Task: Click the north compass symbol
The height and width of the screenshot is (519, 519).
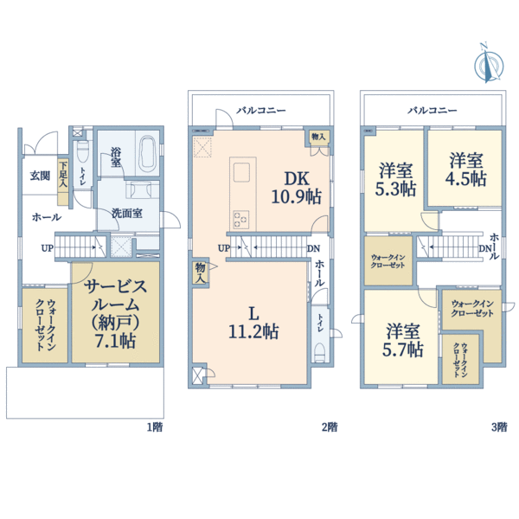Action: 489,64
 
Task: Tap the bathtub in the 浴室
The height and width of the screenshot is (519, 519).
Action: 148,154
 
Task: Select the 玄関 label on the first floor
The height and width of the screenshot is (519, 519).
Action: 41,176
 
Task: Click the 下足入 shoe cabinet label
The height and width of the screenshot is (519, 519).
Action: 63,175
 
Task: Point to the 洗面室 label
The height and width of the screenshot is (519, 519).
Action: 127,214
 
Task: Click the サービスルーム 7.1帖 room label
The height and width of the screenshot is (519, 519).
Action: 116,313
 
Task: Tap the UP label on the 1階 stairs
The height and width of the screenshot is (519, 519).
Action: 47,248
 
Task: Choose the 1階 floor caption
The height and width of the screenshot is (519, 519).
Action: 155,427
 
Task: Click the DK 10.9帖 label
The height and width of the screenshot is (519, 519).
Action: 297,188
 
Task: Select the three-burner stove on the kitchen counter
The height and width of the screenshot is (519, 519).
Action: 240,219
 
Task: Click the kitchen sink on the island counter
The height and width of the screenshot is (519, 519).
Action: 241,172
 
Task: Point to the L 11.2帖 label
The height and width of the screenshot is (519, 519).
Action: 253,323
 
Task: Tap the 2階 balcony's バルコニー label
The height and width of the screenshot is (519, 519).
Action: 261,110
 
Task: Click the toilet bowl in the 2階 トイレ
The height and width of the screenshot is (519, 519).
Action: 319,353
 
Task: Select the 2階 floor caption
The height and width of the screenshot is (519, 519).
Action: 330,427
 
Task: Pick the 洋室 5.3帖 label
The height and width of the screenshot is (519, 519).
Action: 395,179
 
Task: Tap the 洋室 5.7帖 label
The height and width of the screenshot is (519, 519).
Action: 403,340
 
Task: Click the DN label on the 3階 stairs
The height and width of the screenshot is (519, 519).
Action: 484,248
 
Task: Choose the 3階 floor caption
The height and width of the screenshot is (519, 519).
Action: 499,427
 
